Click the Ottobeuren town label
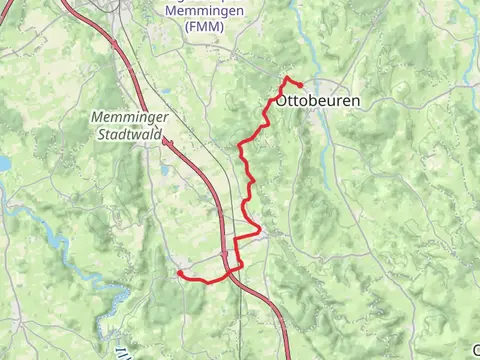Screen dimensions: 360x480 [317, 102]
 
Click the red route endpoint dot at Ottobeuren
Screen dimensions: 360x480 [300, 85]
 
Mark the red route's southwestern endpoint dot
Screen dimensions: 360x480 [179, 272]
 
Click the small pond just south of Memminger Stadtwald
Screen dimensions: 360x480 [164, 170]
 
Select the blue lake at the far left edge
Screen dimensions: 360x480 [3, 162]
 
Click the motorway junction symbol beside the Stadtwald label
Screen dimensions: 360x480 [166, 143]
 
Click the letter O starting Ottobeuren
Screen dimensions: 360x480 [281, 102]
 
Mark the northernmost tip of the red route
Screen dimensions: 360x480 [288, 78]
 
